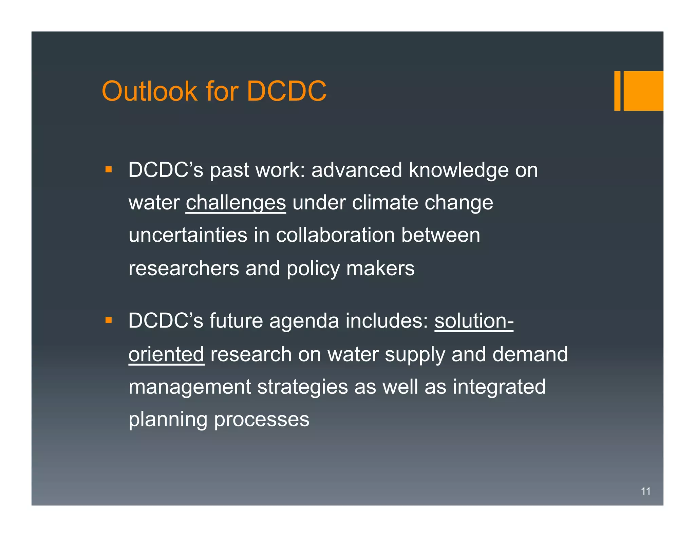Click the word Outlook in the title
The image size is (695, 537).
click(149, 91)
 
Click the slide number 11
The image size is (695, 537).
click(645, 491)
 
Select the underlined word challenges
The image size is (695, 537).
click(236, 203)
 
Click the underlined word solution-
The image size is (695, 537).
click(474, 321)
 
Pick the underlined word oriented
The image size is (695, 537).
click(166, 354)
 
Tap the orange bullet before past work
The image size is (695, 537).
click(109, 169)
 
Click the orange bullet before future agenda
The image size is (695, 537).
click(109, 320)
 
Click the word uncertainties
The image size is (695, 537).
click(188, 235)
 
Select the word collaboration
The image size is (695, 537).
click(335, 235)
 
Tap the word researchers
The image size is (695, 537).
click(184, 268)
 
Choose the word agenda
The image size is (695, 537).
click(304, 321)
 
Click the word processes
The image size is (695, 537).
click(262, 420)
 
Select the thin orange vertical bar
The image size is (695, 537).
click(617, 91)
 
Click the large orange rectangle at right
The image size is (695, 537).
click(643, 91)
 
